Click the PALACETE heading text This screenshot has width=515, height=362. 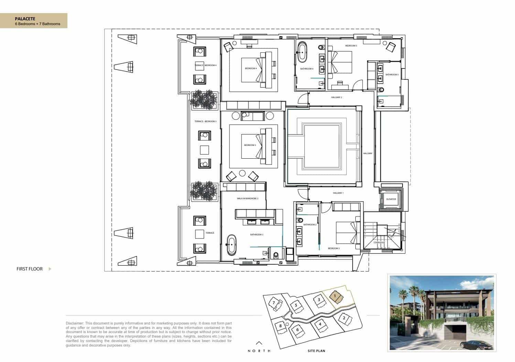coord(25,19)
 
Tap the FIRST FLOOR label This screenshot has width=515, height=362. coord(30,269)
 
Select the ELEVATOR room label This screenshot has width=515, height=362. coord(391,199)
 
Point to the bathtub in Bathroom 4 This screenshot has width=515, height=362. coord(303,52)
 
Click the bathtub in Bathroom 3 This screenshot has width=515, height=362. coord(231,245)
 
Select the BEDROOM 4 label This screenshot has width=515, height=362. coord(251,68)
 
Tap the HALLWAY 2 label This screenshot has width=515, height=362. coord(336,97)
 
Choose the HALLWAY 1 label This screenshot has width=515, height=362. coord(338,193)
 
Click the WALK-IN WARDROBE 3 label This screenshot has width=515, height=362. coord(247,199)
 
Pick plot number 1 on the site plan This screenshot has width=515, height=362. coord(334,295)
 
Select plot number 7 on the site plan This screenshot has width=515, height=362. coord(274,303)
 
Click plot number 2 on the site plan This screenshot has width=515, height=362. coord(344,318)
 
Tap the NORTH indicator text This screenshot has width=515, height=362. coord(259,351)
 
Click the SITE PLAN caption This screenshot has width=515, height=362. coord(316,351)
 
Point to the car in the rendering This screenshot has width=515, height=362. coord(474,344)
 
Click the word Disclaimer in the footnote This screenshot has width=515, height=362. coord(74,323)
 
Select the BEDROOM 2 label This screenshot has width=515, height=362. coord(334,248)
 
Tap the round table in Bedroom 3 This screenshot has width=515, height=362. coord(242,173)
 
